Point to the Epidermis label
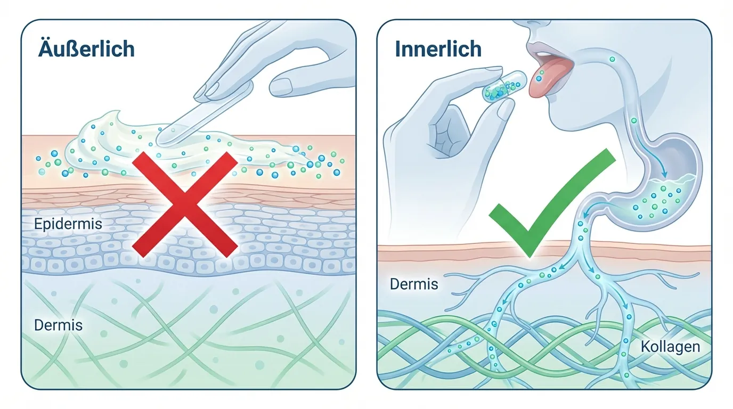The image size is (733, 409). (x=68, y=224)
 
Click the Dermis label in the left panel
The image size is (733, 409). (x=58, y=324)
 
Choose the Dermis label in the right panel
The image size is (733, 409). (x=414, y=284)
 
